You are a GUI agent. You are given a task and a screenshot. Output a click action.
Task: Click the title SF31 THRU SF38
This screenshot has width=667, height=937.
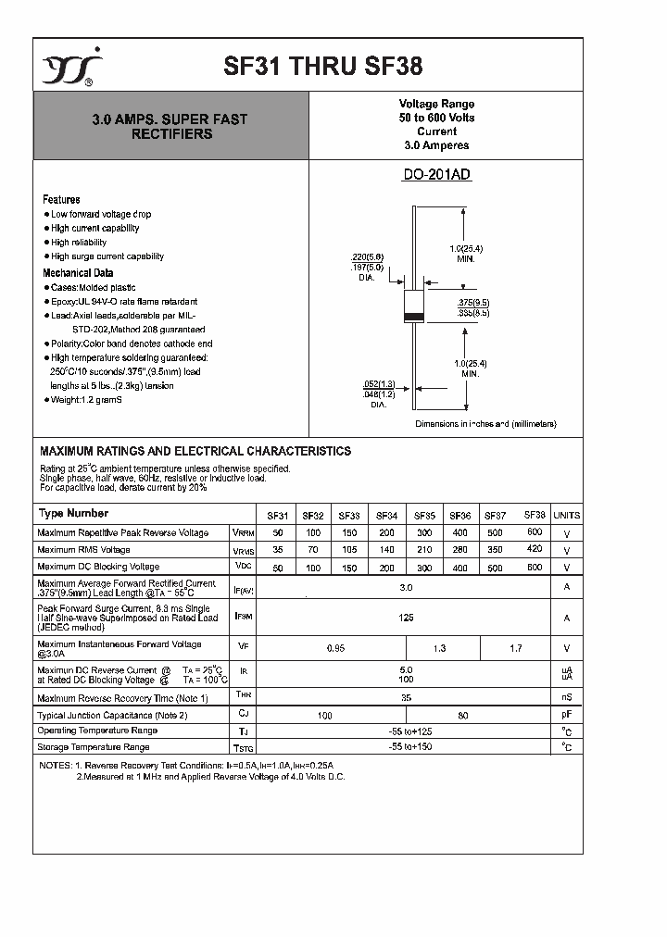coord(323,67)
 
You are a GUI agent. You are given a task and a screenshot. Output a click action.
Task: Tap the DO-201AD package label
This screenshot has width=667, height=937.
coord(437,175)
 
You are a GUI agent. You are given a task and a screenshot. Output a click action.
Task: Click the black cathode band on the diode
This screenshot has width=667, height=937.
coord(413,317)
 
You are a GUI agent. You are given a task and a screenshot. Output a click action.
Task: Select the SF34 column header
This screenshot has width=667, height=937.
coord(386,516)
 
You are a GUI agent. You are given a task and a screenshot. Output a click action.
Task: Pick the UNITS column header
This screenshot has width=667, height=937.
coord(566,516)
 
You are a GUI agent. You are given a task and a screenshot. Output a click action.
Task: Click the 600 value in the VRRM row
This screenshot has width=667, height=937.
coord(535,531)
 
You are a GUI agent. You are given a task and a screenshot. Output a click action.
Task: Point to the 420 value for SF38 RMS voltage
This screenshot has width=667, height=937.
coord(535,548)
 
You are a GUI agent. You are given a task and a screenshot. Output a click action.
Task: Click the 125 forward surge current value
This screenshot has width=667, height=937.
coord(406,617)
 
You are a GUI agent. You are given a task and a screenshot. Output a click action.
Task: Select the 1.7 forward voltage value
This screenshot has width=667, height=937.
coord(516,649)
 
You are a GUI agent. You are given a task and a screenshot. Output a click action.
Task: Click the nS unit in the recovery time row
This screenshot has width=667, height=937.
coord(566,698)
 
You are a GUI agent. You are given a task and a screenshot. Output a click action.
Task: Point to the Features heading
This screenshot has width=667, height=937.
coord(61,199)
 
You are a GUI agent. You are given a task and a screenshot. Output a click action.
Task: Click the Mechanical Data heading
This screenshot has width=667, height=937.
coord(78,273)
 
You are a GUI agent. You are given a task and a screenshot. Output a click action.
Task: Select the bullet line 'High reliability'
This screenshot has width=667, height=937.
coord(79,242)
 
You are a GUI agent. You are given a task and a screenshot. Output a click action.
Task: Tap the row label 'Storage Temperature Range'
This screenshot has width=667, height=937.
coord(93,746)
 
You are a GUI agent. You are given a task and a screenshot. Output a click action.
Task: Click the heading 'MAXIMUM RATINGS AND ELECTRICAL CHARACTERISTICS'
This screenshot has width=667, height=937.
coord(195,451)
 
